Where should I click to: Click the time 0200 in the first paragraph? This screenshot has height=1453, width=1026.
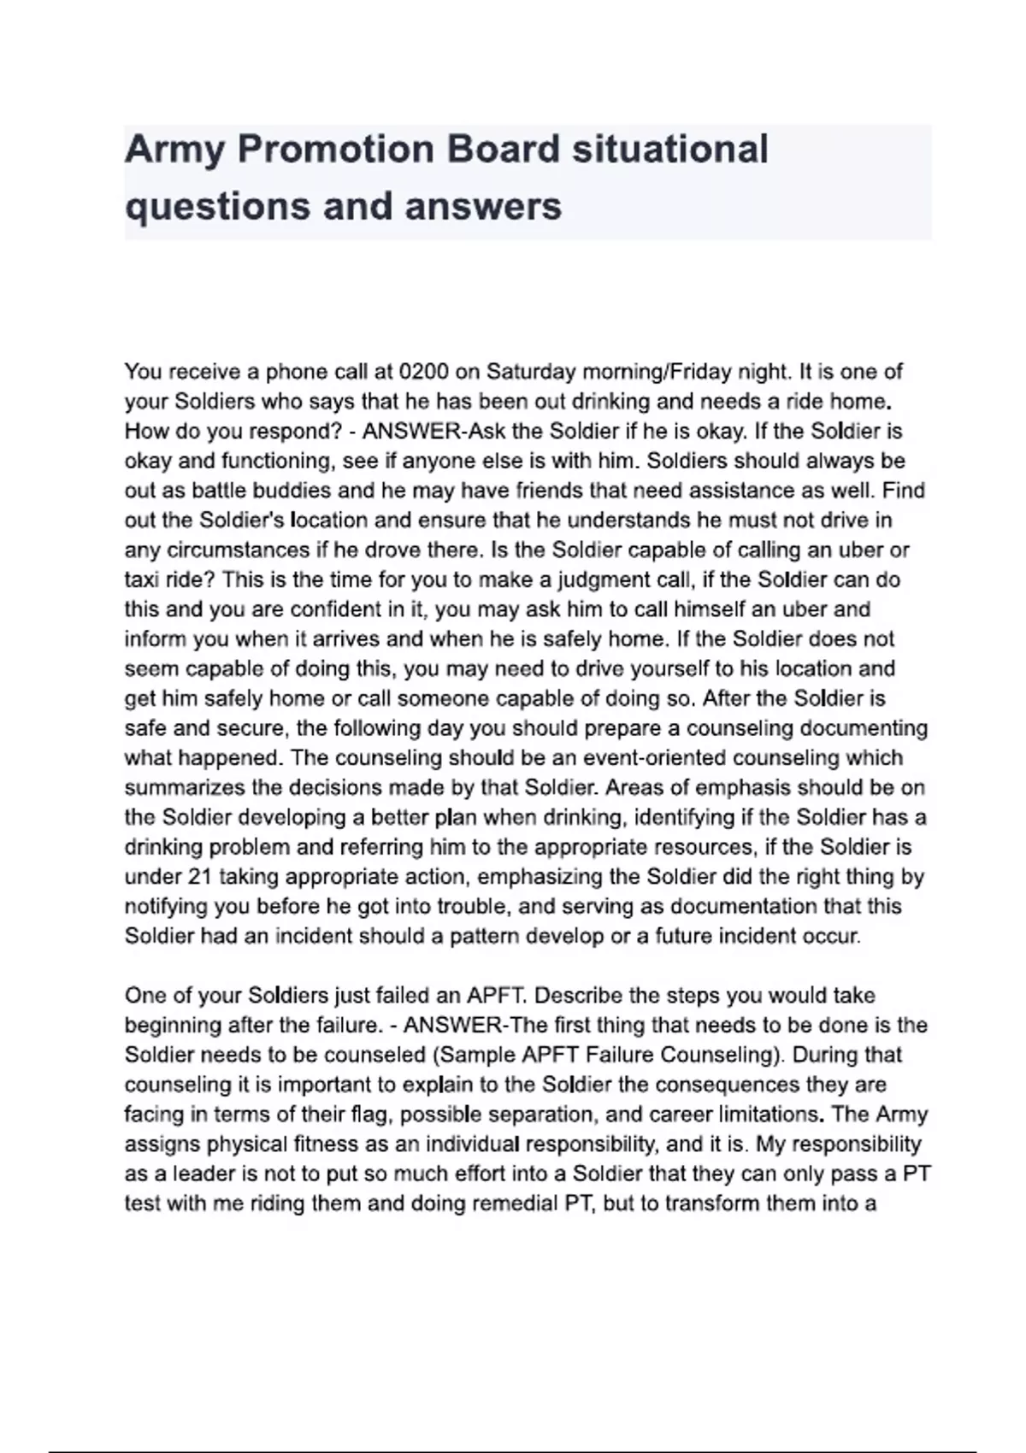click(x=424, y=372)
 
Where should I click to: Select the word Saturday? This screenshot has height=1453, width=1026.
click(x=531, y=372)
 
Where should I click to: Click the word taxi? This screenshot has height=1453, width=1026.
click(x=142, y=579)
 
